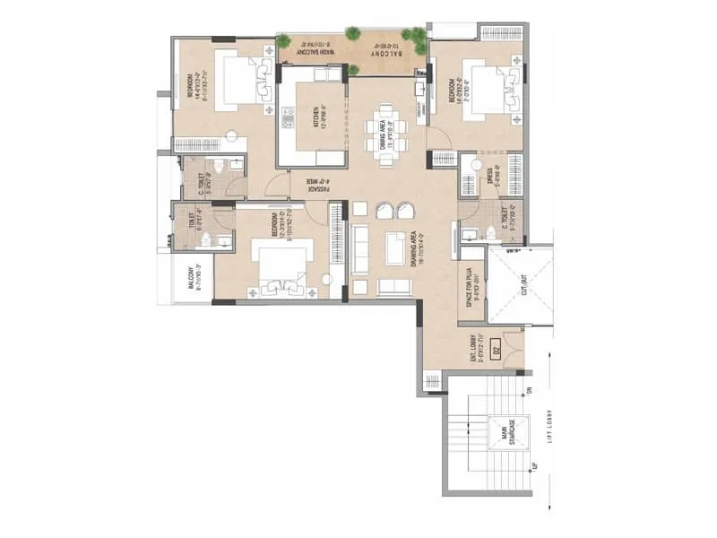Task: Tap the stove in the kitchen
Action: (x=288, y=117)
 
